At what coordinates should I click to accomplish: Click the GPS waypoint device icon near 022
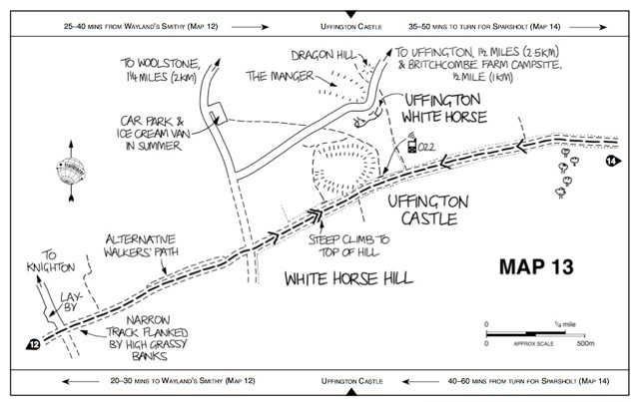tap(410, 148)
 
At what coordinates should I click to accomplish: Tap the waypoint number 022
tap(427, 149)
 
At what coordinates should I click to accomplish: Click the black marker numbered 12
tap(33, 345)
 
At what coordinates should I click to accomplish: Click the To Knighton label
tap(43, 261)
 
